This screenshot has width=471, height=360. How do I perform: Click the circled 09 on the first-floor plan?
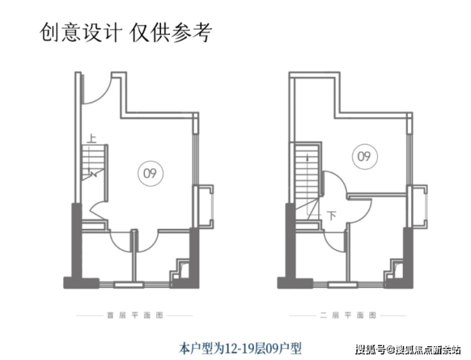pyautogui.click(x=150, y=173)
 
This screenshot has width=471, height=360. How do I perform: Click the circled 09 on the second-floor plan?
pyautogui.click(x=364, y=156)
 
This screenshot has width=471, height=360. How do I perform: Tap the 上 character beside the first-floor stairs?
pyautogui.click(x=92, y=139)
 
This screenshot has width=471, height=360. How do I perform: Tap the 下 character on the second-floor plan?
pyautogui.click(x=332, y=215)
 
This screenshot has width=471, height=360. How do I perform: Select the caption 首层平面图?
pyautogui.click(x=135, y=315)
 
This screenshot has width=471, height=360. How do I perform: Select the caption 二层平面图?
pyautogui.click(x=348, y=315)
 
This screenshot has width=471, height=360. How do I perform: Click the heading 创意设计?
pyautogui.click(x=81, y=32)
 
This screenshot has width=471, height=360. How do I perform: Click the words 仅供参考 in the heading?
pyautogui.click(x=171, y=32)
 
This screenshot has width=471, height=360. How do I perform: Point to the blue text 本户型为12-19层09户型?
pyautogui.click(x=240, y=349)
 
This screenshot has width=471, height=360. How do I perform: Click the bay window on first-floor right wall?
pyautogui.click(x=205, y=207)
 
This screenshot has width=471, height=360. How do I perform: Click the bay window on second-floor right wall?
pyautogui.click(x=419, y=207)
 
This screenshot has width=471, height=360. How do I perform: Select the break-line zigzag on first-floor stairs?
pyautogui.click(x=93, y=174)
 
